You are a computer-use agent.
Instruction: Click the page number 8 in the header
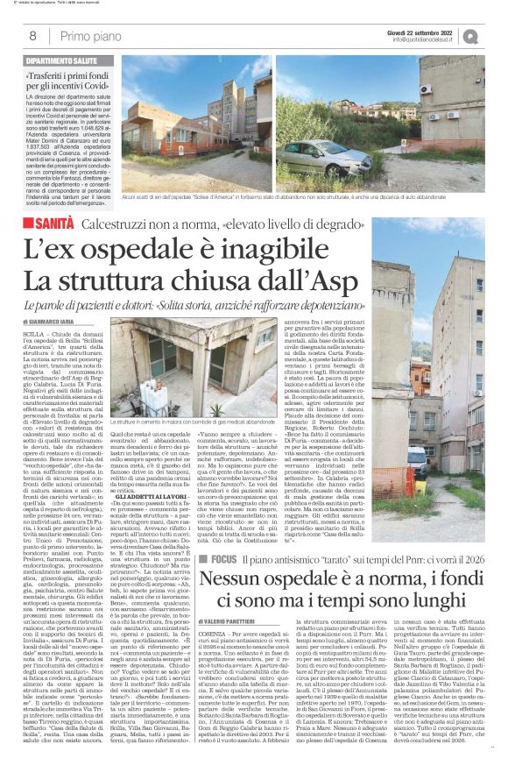(x=32, y=37)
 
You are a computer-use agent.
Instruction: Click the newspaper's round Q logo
(x=496, y=36)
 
